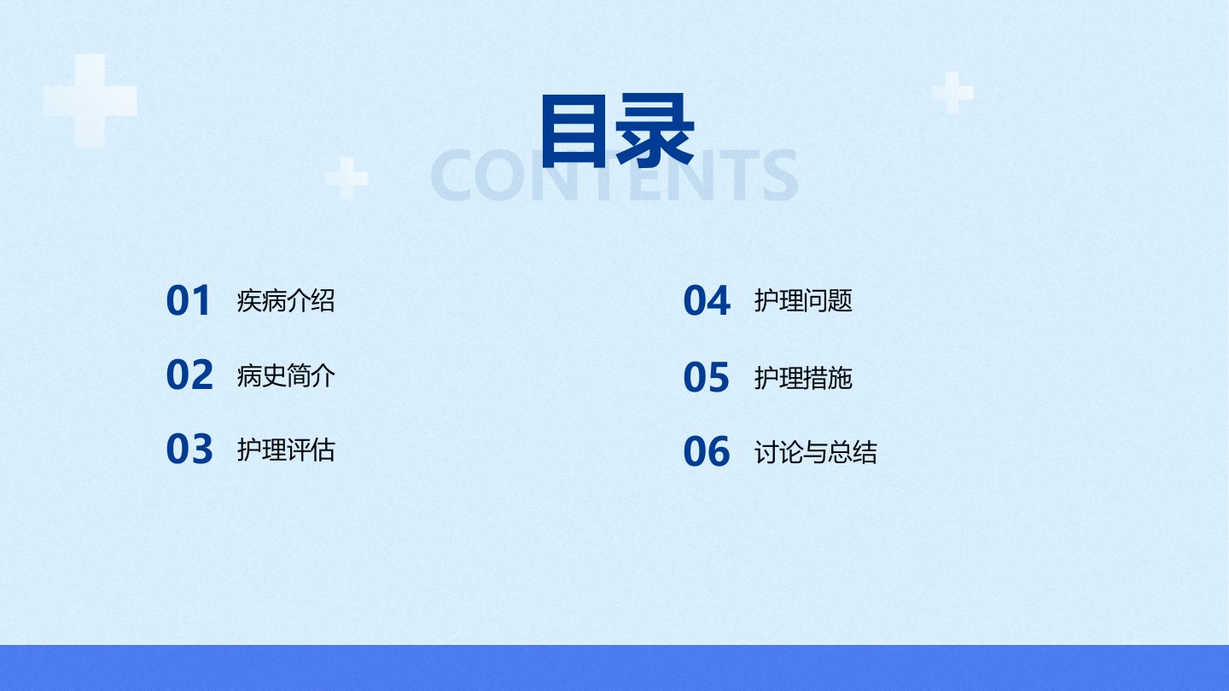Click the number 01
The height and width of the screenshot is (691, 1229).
click(188, 300)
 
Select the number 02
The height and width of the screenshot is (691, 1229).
click(189, 375)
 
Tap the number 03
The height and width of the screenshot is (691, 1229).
click(189, 449)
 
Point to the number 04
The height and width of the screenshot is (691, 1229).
click(707, 300)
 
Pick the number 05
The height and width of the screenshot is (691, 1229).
click(707, 377)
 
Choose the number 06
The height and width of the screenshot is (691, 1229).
click(707, 452)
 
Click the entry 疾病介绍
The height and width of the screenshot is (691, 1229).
click(286, 300)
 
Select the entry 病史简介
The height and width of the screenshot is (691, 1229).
click(286, 376)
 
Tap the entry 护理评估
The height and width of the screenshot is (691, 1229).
click(286, 450)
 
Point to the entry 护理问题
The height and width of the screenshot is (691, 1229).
click(803, 300)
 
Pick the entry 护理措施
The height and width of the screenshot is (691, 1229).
click(803, 378)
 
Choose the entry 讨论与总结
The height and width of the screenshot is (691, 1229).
click(816, 452)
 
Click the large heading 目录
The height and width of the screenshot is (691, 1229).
click(618, 131)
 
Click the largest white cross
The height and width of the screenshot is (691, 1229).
click(90, 101)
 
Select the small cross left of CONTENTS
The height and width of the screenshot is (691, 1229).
click(347, 178)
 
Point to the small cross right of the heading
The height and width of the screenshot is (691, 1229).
click(952, 92)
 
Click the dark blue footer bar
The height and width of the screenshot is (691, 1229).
click(614, 668)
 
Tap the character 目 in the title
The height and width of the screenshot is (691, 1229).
click(574, 131)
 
